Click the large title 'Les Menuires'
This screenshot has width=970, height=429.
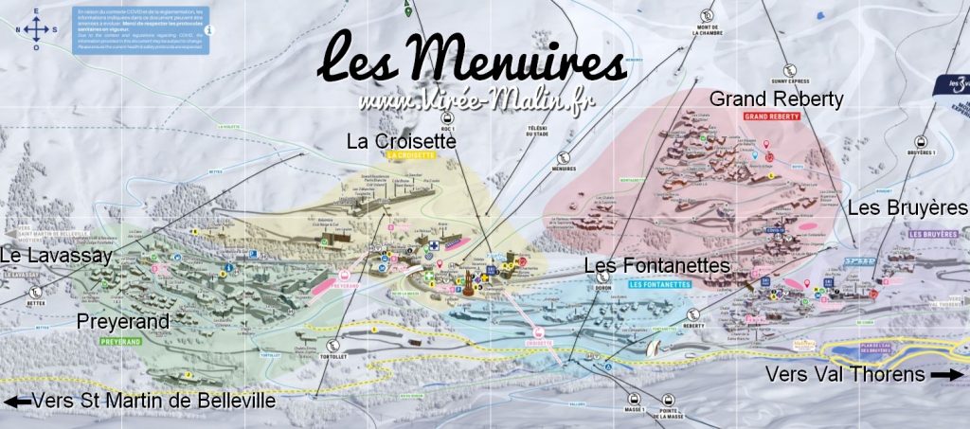(472, 60)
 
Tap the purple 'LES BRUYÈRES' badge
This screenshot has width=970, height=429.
(934, 233)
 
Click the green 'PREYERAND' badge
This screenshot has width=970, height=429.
(125, 339)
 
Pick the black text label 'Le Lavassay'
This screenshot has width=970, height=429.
(55, 256)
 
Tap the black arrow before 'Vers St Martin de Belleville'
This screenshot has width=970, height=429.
(17, 402)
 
